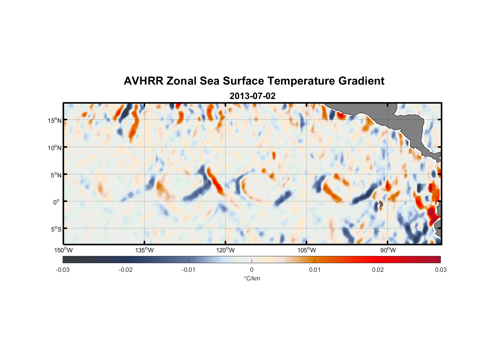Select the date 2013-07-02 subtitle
(252, 96)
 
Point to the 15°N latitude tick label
(55, 120)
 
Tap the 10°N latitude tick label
(55, 148)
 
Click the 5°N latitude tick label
(56, 175)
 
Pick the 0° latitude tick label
(57, 202)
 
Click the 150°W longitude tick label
(63, 250)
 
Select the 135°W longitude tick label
(144, 250)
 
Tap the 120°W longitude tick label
(225, 250)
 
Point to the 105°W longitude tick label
(307, 250)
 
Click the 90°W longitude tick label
(388, 250)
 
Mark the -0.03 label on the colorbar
(63, 270)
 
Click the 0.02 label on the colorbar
(378, 270)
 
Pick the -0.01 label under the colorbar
(189, 270)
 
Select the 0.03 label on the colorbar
(440, 270)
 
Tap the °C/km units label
(252, 278)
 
